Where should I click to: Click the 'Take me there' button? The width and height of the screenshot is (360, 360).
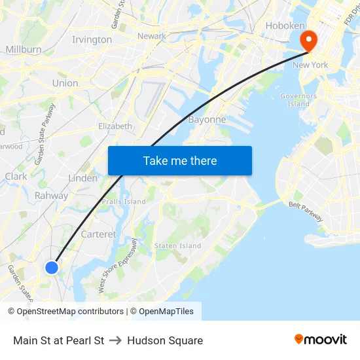(180, 160)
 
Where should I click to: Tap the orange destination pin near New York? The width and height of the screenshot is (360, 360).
(308, 41)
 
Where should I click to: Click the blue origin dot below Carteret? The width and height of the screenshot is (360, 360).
(52, 267)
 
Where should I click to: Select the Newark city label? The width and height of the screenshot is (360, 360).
(152, 36)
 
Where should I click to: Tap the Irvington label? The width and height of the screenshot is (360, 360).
(92, 40)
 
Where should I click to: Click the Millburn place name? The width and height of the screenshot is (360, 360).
(24, 49)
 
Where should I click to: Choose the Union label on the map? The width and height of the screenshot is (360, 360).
(65, 83)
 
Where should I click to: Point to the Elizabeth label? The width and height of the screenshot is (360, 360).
(115, 126)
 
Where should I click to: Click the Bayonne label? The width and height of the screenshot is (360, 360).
(207, 120)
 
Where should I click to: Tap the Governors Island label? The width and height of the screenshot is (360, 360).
(298, 99)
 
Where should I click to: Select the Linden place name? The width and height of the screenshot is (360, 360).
(83, 178)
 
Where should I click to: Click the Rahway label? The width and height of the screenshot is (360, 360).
(51, 196)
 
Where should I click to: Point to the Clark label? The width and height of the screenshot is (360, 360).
(16, 177)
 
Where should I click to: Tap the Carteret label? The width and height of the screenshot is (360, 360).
(98, 234)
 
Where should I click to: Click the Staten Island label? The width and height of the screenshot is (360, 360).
(177, 245)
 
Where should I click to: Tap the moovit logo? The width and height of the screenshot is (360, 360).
(321, 340)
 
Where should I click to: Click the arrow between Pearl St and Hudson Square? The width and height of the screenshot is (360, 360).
(116, 340)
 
